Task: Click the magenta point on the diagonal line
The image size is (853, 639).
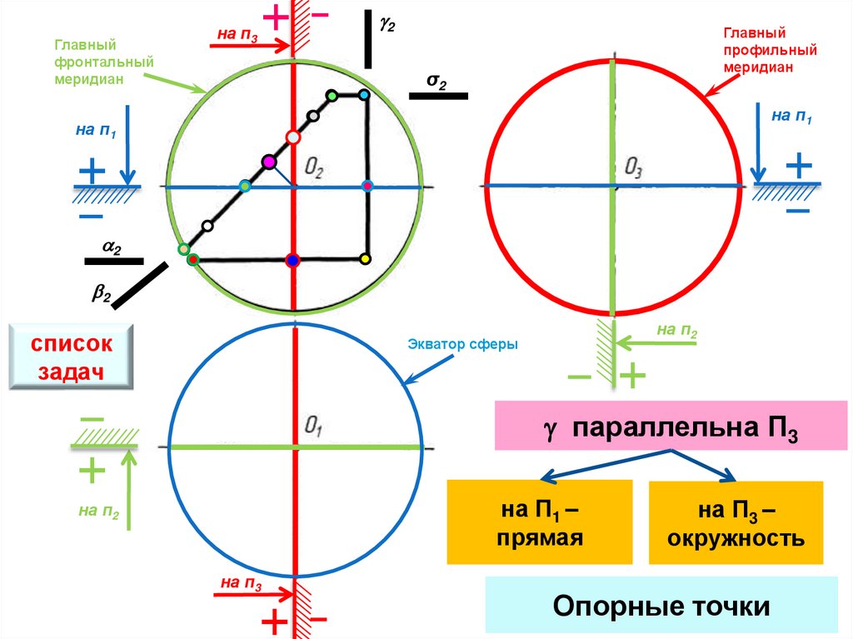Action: point(268,162)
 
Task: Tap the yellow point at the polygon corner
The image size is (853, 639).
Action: point(365,260)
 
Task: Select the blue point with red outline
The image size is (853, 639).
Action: point(292,261)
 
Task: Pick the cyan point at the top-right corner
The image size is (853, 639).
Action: point(364,96)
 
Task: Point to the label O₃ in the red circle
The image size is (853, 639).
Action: point(633,170)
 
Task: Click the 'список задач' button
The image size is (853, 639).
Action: point(72,357)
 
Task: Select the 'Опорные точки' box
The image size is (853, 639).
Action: point(661,607)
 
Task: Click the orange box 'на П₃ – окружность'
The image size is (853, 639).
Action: point(736,522)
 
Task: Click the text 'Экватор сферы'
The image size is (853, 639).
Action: point(463,344)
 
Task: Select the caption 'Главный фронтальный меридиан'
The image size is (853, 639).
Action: point(89,62)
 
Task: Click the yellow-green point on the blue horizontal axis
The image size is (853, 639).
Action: point(244,186)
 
